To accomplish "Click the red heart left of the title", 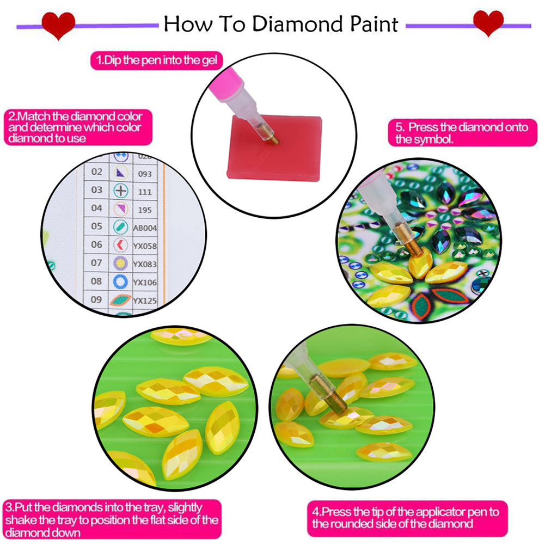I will click(x=59, y=25).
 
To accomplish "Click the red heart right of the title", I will click(x=488, y=23).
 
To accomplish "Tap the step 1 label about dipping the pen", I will click(x=157, y=60).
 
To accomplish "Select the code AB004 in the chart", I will click(x=144, y=228).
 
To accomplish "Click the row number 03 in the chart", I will click(x=97, y=190).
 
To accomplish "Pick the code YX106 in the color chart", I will click(x=145, y=282).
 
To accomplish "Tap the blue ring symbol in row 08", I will click(x=120, y=281).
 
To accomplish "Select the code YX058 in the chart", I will click(x=145, y=246).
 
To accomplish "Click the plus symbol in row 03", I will click(x=120, y=191).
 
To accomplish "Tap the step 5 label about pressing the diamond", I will click(x=462, y=133).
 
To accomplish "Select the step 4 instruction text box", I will click(x=406, y=518).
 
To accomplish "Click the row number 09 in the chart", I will click(x=97, y=299).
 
